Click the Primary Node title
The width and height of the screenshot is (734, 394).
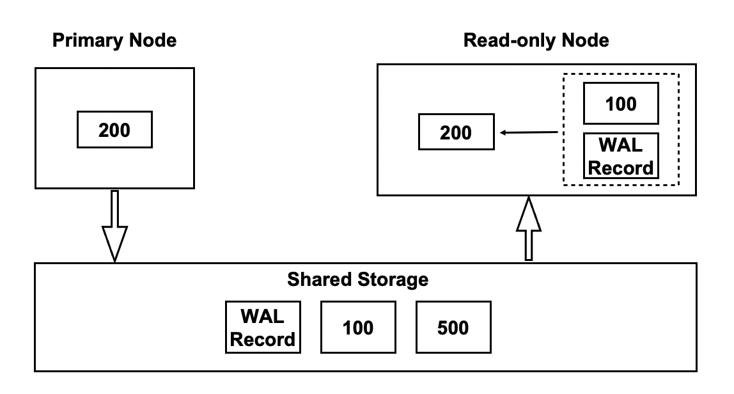pos(114,42)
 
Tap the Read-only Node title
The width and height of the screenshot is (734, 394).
pos(536,42)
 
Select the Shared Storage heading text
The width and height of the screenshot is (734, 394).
pos(357,280)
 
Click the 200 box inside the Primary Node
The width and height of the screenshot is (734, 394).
pos(114,130)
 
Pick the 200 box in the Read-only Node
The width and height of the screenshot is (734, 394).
pos(456,133)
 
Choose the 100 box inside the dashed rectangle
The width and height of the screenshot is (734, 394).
pos(620,103)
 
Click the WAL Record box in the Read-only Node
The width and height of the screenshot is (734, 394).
pos(621,157)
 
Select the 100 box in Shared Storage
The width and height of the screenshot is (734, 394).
pos(357,328)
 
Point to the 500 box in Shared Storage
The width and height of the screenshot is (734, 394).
pos(453,328)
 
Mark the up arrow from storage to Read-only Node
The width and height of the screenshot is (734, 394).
pos(529,229)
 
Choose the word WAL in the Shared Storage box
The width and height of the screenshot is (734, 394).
pos(263,317)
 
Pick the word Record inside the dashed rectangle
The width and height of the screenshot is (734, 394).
pos(621,168)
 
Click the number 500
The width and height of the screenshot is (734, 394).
pos(453,328)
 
